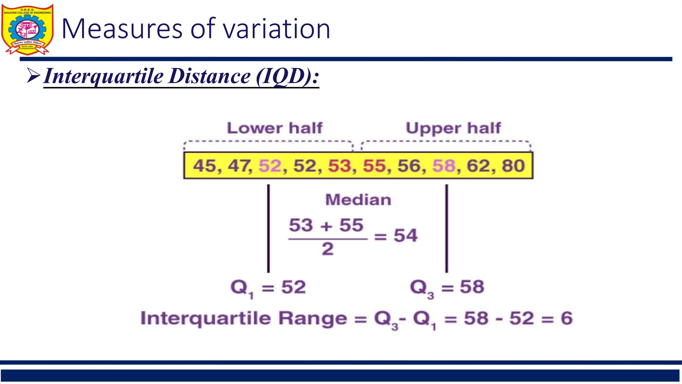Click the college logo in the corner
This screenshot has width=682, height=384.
27,29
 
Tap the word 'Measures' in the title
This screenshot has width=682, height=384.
122,29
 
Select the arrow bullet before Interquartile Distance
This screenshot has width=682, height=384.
33,76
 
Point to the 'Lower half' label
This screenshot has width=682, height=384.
275,128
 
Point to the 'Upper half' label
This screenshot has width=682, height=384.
453,128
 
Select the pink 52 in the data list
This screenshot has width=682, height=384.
270,166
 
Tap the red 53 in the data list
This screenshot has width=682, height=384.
340,166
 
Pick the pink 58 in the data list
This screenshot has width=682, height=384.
444,166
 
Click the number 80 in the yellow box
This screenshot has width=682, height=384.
513,166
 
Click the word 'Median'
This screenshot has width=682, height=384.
358,200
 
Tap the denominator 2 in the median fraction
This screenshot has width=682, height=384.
327,249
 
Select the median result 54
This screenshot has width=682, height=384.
405,236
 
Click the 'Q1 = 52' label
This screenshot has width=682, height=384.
268,287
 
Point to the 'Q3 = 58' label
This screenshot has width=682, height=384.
447,287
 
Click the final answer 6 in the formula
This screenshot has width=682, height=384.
566,318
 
